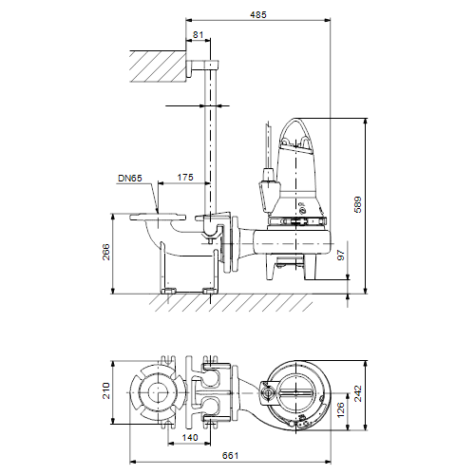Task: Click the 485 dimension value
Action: click(x=258, y=14)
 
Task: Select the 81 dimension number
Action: click(x=198, y=34)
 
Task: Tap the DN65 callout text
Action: click(x=130, y=179)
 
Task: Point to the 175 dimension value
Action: click(x=185, y=177)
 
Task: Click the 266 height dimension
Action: click(x=106, y=252)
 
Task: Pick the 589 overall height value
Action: click(x=358, y=204)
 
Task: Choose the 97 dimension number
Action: click(x=341, y=256)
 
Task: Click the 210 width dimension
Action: click(x=106, y=390)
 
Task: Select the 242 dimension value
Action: click(x=358, y=393)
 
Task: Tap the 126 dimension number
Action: click(x=341, y=410)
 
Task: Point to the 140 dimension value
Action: click(x=190, y=438)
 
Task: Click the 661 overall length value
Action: click(x=230, y=456)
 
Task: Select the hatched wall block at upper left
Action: click(x=158, y=66)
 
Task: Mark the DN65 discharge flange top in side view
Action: click(x=158, y=218)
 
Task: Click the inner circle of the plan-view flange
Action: click(x=158, y=392)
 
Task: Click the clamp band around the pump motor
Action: click(x=296, y=221)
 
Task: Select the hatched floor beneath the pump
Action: click(x=231, y=303)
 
